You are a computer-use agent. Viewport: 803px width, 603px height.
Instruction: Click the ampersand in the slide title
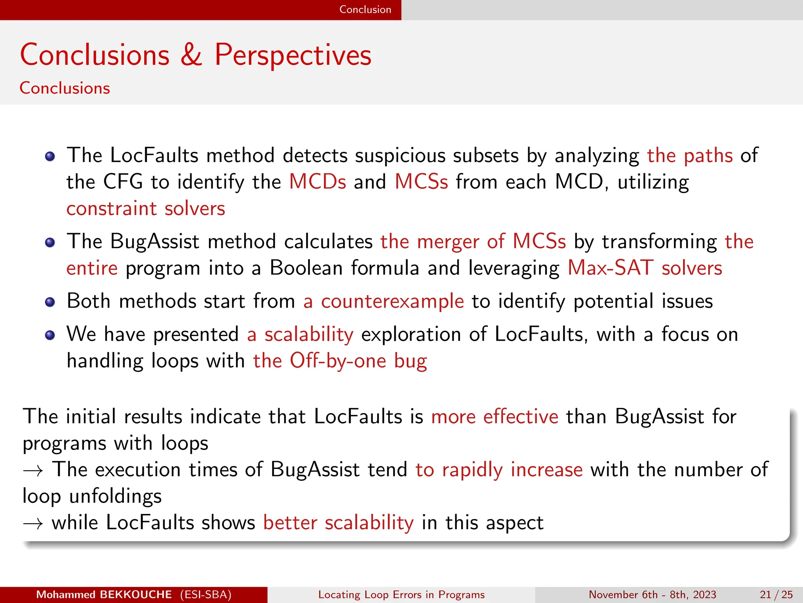point(191,55)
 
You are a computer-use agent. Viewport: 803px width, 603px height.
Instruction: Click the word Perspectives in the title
point(292,55)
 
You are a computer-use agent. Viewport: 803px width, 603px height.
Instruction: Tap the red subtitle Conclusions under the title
point(65,88)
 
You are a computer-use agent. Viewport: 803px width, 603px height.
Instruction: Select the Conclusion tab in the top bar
point(365,9)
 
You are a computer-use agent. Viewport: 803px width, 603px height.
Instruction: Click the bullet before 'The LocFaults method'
point(50,157)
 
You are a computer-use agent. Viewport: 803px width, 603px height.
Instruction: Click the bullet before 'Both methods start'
point(50,302)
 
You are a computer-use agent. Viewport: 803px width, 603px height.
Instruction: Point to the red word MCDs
point(318,182)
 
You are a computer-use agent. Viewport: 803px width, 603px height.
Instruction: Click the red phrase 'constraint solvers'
point(145,208)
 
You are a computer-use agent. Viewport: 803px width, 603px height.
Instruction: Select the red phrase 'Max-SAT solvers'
point(645,268)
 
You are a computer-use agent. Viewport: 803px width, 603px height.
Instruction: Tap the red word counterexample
point(392,301)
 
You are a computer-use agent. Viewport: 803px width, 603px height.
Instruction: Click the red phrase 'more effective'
point(494,417)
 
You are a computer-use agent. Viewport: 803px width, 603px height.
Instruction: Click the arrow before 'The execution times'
point(33,470)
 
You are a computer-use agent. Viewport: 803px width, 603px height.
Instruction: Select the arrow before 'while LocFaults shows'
point(33,523)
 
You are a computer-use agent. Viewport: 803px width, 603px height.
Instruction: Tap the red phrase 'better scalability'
point(338,523)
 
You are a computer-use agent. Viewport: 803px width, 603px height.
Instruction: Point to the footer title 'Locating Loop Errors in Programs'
point(401,595)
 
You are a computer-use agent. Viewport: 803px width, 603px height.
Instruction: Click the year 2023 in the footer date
point(705,595)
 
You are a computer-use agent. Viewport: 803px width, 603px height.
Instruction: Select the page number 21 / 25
point(776,595)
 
